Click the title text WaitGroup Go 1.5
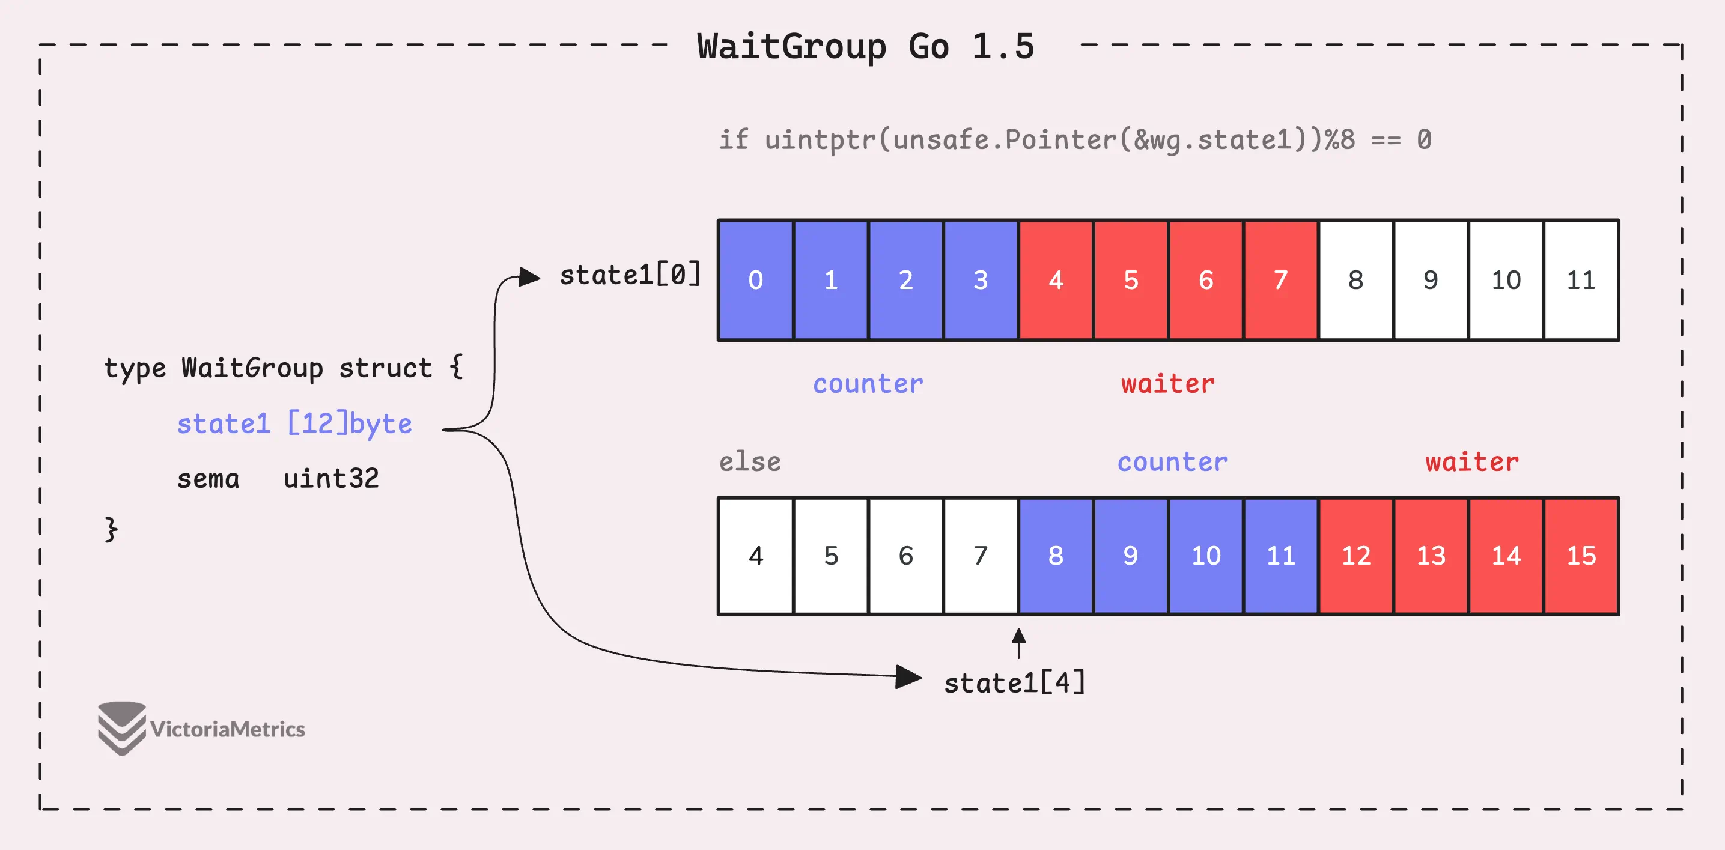[x=865, y=47]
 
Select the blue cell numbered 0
[x=755, y=280]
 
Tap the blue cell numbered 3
[x=981, y=280]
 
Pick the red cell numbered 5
[x=1131, y=280]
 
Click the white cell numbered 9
[x=1431, y=280]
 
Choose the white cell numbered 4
[x=755, y=556]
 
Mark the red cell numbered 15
[x=1581, y=556]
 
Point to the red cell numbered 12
[x=1356, y=556]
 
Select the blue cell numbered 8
[x=1055, y=556]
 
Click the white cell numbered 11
[x=1581, y=280]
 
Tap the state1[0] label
[x=630, y=275]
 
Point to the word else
[x=750, y=462]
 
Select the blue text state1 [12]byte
[x=294, y=423]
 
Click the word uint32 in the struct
[x=331, y=479]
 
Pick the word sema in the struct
[x=208, y=479]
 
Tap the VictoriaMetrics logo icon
[x=121, y=728]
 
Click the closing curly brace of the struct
[x=111, y=529]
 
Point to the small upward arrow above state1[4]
[x=1018, y=643]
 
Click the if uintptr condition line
[x=1075, y=139]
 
